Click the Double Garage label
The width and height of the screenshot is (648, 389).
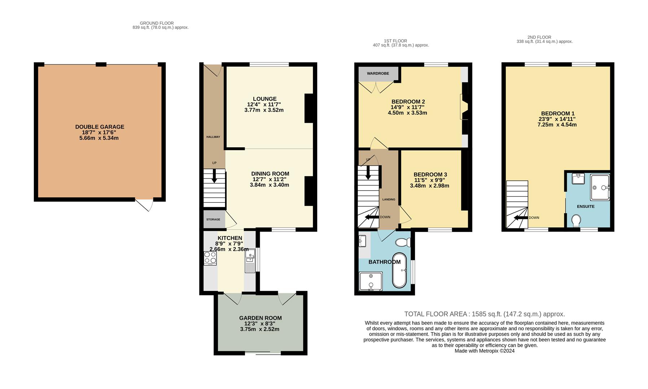click(100, 127)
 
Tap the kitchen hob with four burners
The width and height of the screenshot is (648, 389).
click(210, 258)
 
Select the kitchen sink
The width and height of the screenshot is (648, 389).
click(250, 260)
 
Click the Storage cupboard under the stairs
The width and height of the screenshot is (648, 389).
click(213, 219)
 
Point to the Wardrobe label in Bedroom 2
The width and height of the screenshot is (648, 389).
click(378, 73)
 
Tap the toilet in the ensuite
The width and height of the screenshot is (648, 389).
click(576, 220)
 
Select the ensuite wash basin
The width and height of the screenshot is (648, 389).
click(578, 179)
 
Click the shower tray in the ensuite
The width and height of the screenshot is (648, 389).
click(600, 187)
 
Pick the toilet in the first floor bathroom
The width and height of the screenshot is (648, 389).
click(403, 242)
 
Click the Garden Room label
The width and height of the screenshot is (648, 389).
click(260, 318)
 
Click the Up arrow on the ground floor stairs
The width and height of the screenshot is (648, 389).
click(214, 175)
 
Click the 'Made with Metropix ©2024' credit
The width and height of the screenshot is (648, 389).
click(485, 351)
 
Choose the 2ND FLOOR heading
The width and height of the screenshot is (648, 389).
click(539, 37)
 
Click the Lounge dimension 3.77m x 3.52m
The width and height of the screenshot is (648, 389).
click(264, 110)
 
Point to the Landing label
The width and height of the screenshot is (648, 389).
click(389, 200)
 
